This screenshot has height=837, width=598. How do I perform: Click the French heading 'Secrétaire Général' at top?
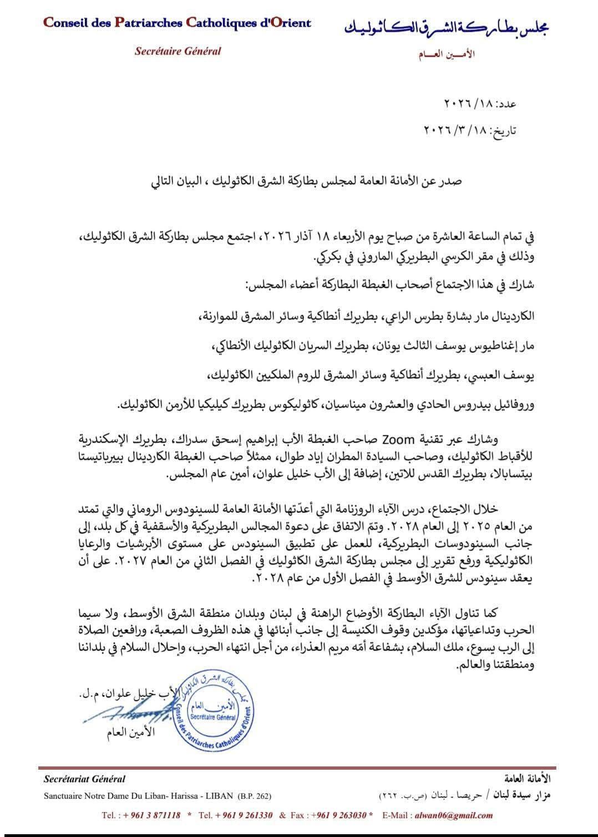pyautogui.click(x=178, y=51)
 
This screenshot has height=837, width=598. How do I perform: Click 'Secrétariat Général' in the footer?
pyautogui.click(x=84, y=779)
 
